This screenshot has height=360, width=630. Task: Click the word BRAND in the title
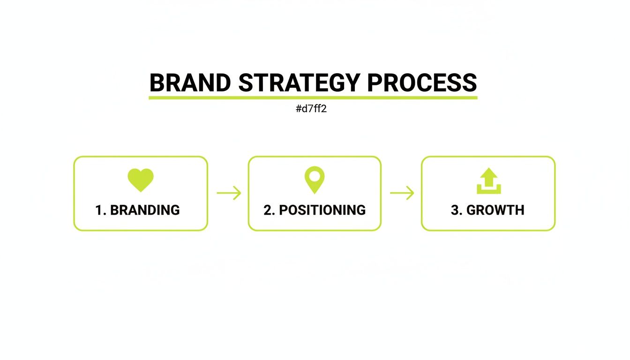point(190,83)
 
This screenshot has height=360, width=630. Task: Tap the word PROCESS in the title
point(422,83)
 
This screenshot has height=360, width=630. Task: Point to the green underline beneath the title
point(313,97)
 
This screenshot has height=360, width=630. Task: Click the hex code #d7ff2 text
point(311,109)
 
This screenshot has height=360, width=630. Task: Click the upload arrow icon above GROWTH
point(488,181)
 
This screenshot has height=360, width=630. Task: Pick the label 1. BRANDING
point(137,210)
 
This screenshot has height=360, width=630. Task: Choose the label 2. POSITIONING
point(315,210)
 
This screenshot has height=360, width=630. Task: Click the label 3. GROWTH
point(487,210)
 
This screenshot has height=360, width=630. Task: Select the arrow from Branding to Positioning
point(229,193)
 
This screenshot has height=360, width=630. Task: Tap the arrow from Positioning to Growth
point(402,193)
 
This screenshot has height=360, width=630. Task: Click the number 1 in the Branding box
point(99,210)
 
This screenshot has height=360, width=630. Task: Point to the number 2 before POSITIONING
point(267,210)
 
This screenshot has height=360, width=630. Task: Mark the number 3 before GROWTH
point(454,210)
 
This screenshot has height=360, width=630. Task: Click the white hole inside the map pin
point(315,176)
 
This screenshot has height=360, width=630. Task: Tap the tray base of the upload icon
point(488,191)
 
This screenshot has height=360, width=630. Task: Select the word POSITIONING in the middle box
point(322,210)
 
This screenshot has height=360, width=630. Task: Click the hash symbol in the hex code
point(299,109)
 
